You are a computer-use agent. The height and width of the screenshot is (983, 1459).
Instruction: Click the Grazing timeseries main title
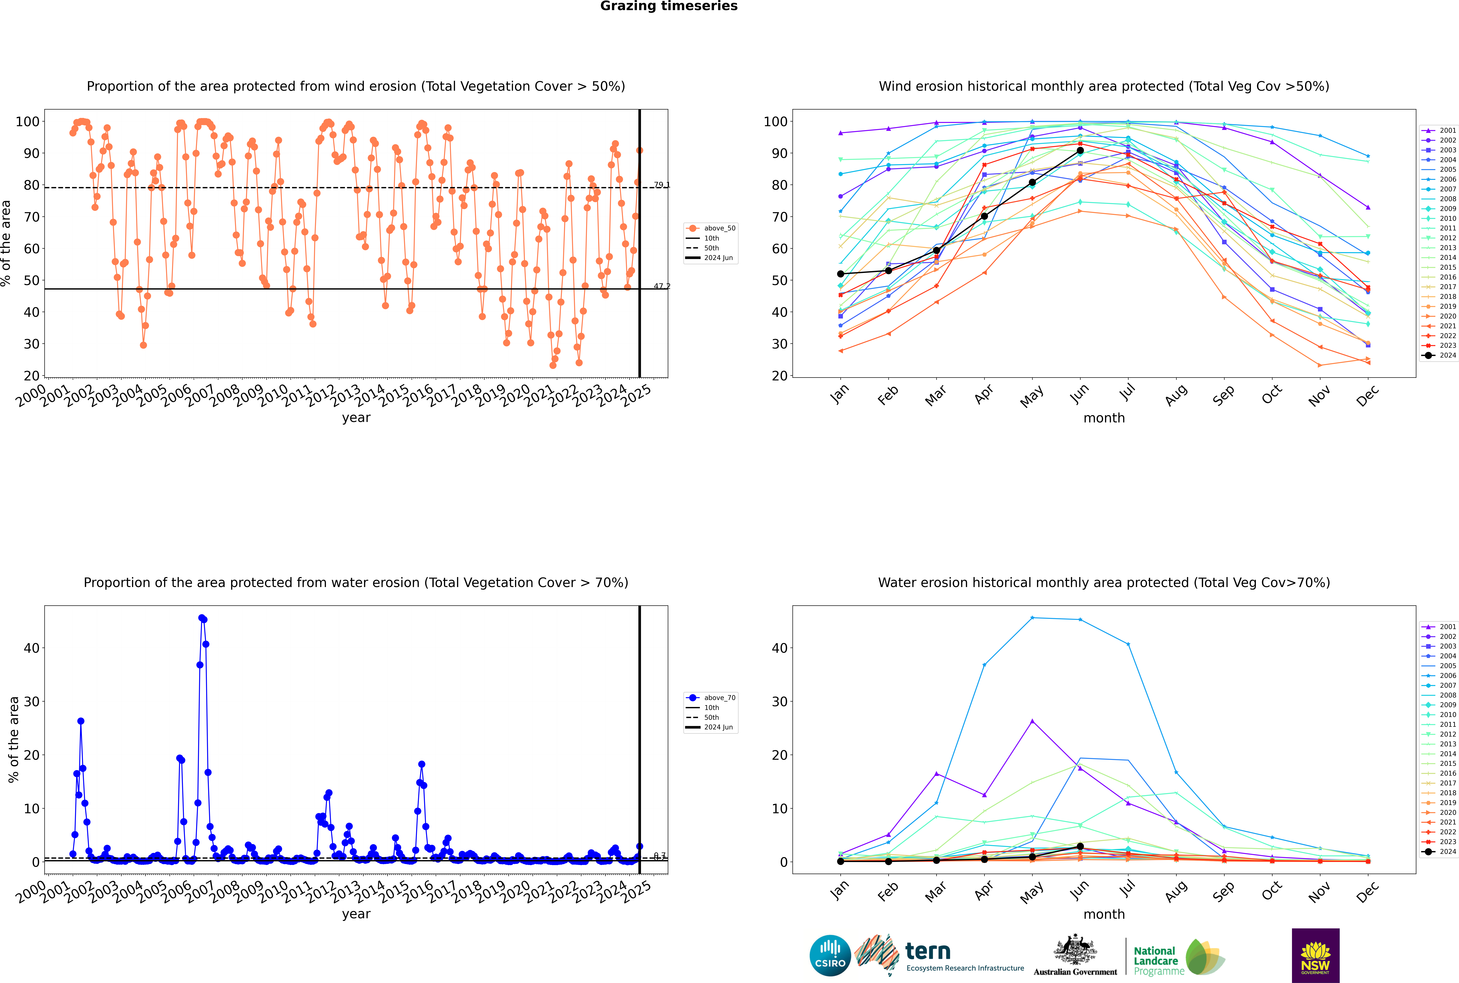(669, 6)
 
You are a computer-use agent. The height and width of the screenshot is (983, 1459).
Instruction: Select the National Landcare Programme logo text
(1156, 960)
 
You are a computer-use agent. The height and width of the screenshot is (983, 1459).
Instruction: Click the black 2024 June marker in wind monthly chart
(1080, 150)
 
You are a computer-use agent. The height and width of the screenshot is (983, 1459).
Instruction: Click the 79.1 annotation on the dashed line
(662, 185)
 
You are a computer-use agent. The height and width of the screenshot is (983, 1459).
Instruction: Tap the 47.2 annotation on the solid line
(662, 286)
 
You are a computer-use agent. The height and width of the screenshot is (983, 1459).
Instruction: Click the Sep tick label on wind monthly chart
(1224, 395)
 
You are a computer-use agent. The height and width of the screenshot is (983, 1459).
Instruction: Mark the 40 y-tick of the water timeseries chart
(31, 648)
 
